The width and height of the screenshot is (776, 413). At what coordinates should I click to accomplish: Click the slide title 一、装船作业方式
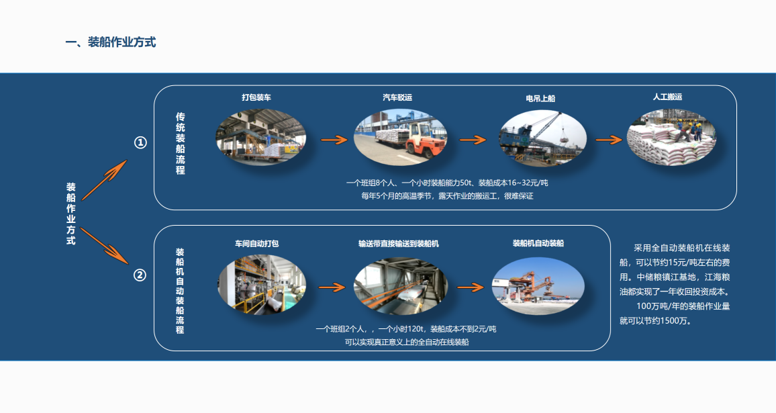[111, 42]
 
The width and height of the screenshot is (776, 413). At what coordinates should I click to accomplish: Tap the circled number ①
[140, 142]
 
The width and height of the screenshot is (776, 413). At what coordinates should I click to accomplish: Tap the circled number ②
[140, 275]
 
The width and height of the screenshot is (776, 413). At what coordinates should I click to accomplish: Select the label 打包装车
[257, 97]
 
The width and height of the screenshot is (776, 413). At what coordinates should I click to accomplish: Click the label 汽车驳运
[397, 97]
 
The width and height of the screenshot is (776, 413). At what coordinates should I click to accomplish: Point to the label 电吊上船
[540, 98]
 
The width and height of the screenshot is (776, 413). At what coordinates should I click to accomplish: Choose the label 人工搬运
[667, 97]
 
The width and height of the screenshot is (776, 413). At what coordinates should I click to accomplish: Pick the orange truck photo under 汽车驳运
[400, 138]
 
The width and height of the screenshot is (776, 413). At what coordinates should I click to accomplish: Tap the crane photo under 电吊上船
[542, 138]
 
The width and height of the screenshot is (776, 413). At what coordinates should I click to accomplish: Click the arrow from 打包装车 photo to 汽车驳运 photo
[334, 140]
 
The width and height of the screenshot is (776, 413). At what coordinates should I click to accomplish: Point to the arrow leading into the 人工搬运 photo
[609, 140]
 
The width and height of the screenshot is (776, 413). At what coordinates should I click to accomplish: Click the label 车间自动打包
[256, 244]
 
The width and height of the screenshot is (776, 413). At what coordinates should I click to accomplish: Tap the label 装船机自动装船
[538, 243]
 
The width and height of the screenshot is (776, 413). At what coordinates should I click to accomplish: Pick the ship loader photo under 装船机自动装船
[538, 286]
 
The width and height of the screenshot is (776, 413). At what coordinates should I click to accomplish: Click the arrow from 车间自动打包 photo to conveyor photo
[331, 287]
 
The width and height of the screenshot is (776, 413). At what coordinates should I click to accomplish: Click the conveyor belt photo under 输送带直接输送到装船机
[400, 287]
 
